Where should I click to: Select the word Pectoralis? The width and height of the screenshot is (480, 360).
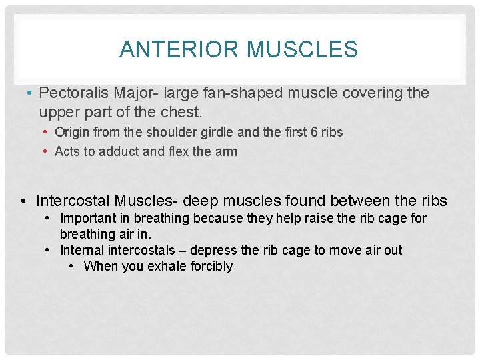pos(71,93)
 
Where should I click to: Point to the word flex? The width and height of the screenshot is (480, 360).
pos(177,151)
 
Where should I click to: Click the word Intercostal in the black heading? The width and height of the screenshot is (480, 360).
pos(73,200)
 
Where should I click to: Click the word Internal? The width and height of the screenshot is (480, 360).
pos(83,250)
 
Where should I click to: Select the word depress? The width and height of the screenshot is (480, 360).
pos(215,250)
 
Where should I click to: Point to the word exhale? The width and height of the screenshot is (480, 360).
pos(161,266)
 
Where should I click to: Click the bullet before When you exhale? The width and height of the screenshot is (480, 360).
pos(73,266)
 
